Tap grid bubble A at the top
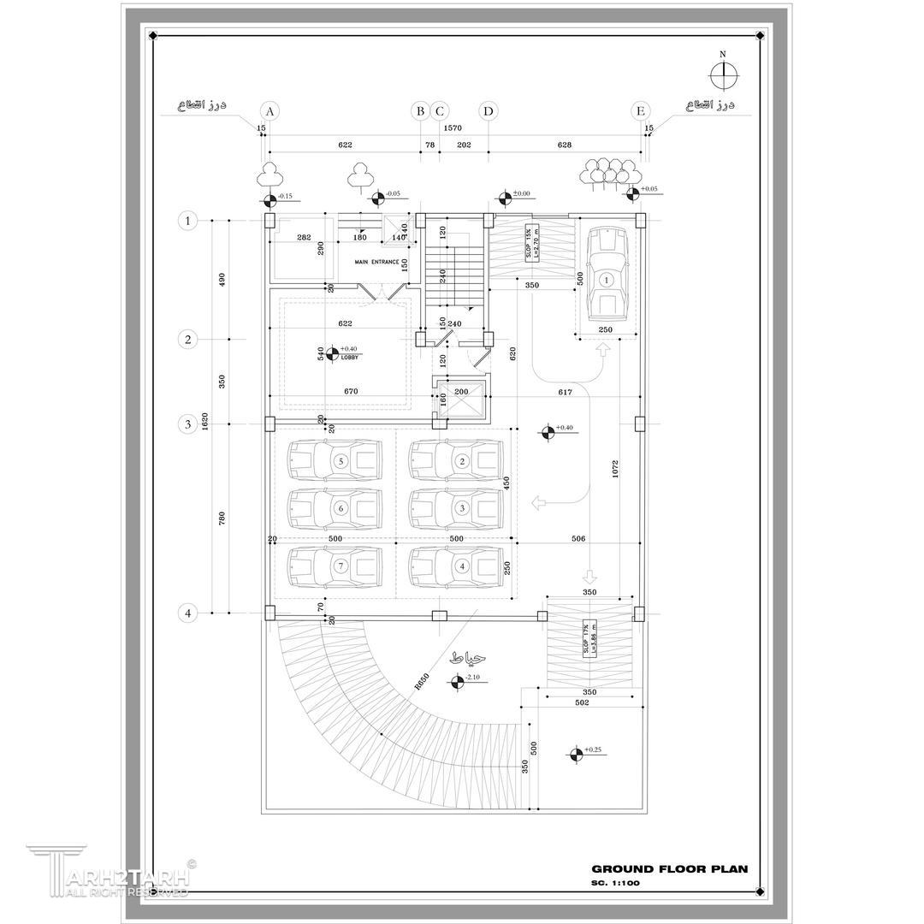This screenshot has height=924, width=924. [x=269, y=110]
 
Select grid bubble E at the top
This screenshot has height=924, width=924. [x=640, y=110]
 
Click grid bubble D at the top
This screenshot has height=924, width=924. [x=488, y=110]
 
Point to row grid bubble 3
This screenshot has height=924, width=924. [x=187, y=423]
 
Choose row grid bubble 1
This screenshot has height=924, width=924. [x=187, y=221]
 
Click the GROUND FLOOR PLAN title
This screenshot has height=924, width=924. [x=669, y=868]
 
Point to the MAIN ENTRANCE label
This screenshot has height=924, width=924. [x=377, y=262]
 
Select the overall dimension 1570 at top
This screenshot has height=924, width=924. [x=453, y=127]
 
